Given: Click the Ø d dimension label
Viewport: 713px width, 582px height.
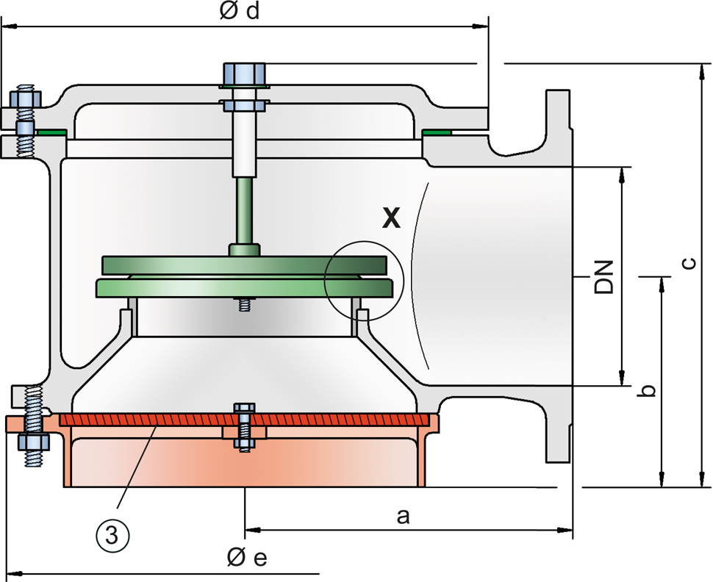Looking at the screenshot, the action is point(240,11).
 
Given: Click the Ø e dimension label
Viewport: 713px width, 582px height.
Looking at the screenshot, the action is point(247,558).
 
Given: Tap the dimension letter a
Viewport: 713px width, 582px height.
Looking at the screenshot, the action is point(403,517).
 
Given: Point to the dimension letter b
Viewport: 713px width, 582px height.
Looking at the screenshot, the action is point(646,391).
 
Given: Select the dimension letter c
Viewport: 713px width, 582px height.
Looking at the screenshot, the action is point(689,263).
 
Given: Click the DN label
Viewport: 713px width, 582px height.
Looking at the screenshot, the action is point(604,277).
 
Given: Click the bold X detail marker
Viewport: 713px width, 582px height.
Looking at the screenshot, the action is point(391,218).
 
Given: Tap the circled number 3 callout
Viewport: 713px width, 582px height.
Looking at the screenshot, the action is point(112,536).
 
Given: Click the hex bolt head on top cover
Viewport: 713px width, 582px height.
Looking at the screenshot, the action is point(244,74).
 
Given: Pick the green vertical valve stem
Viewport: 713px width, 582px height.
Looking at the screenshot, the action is point(245,212).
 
